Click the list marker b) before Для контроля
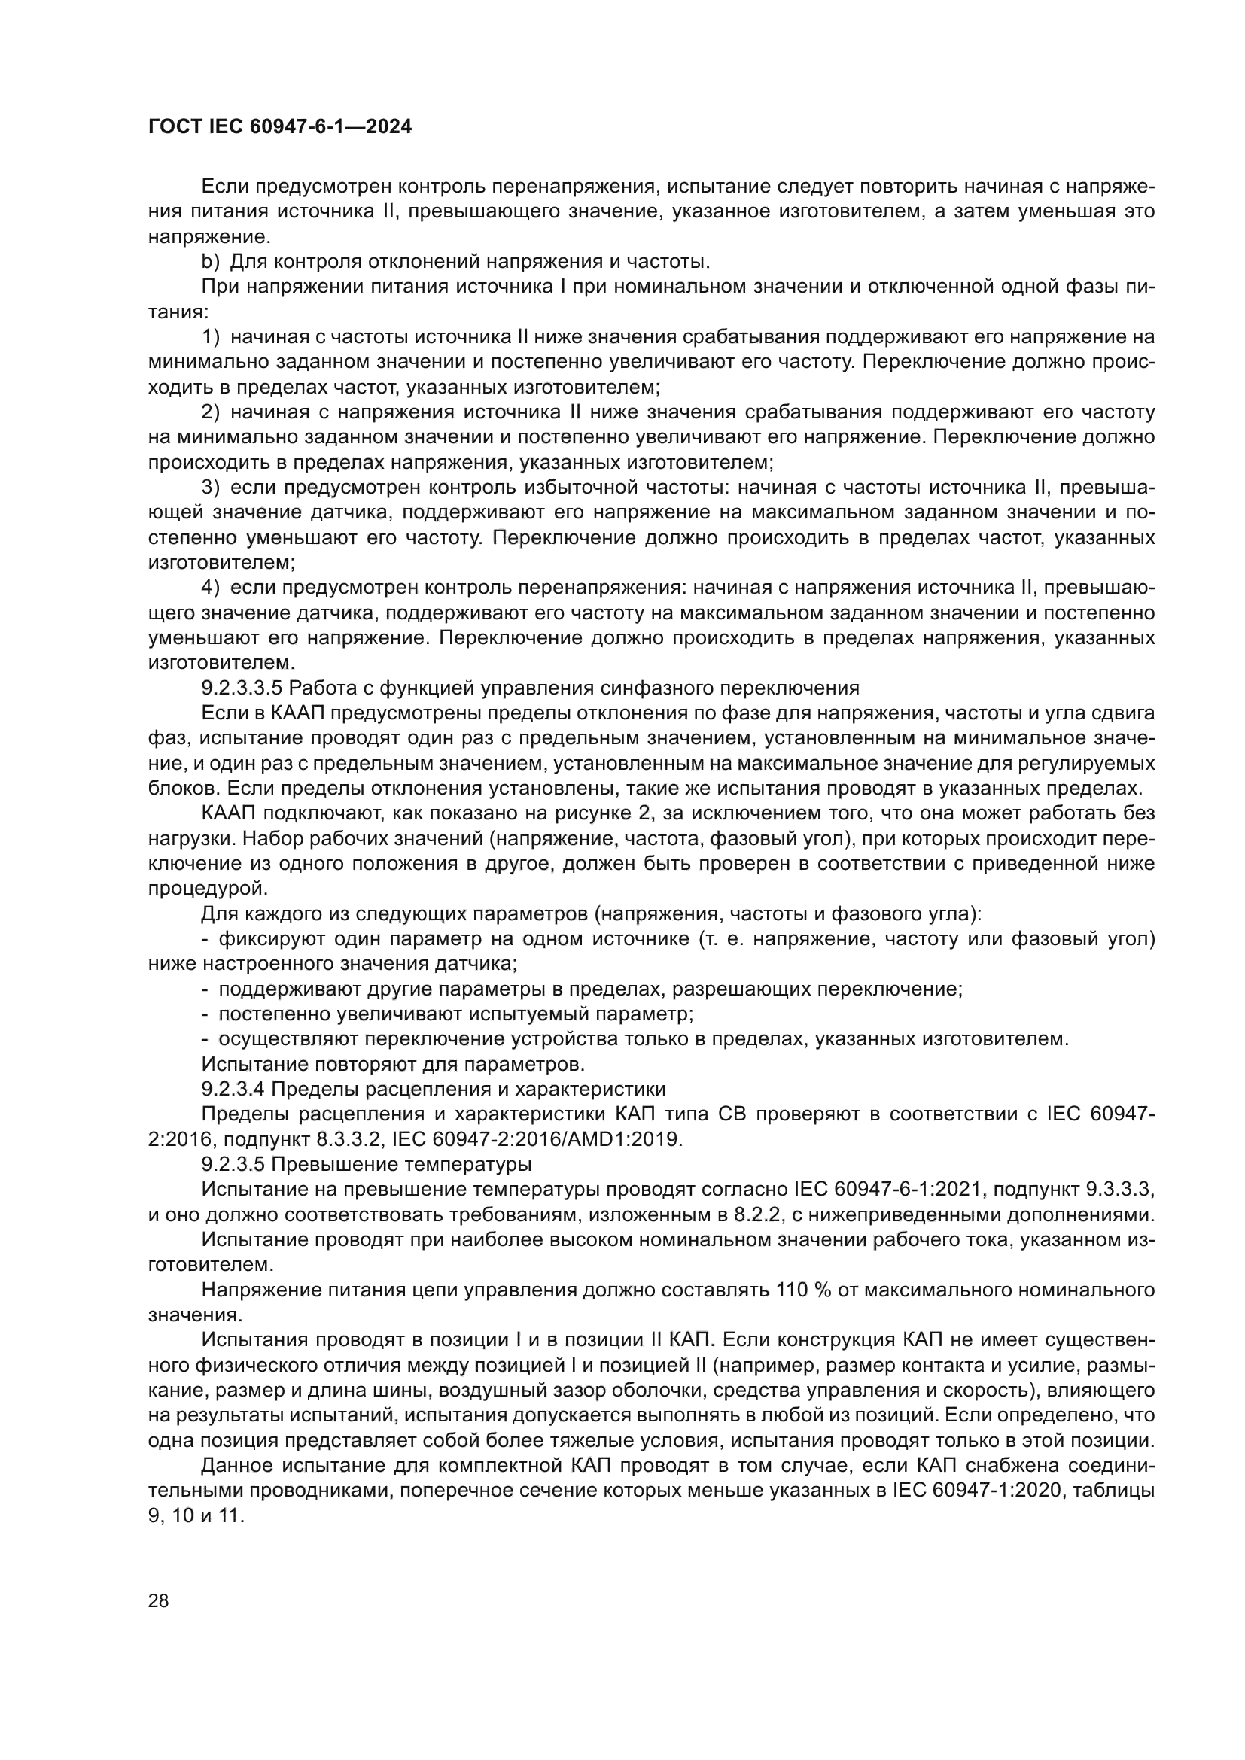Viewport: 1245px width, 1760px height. pos(211,262)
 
